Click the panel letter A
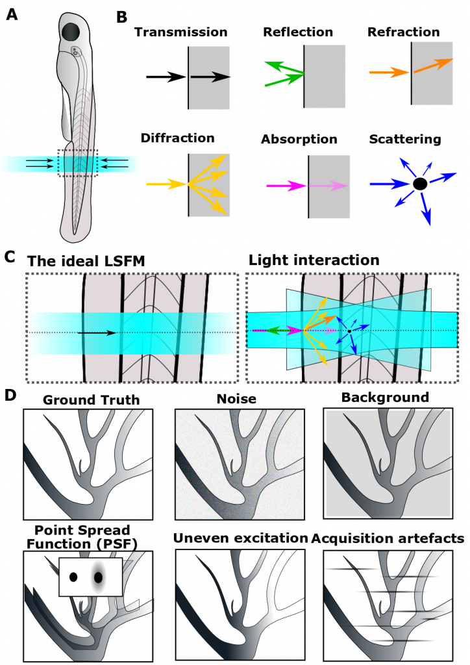pos(12,14)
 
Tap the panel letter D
pos(11,394)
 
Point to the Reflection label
pos(298,32)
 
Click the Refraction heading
pos(403,32)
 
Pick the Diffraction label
pos(177,138)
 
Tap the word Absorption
pos(299,140)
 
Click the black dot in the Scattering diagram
pos(420,184)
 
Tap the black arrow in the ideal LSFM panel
pos(97,332)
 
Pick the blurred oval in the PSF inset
pos(99,577)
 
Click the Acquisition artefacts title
pos(386,538)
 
